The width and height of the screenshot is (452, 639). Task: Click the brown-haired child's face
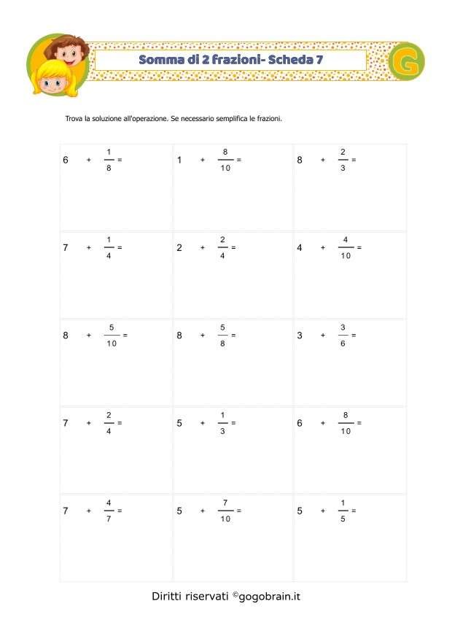[70, 51]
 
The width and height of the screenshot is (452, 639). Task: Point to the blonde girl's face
[50, 80]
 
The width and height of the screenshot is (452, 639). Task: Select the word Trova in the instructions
[75, 117]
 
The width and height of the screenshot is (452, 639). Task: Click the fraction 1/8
[109, 160]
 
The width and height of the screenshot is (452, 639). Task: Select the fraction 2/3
[343, 160]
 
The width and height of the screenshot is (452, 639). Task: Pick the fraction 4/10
[346, 247]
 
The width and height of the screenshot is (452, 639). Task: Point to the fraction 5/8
[222, 336]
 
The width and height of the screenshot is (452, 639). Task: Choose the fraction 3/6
[343, 336]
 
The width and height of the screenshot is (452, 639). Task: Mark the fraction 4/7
[109, 511]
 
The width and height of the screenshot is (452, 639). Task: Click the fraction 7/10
[225, 511]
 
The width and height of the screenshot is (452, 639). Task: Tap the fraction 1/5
[343, 511]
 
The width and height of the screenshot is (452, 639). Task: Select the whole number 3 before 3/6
[300, 336]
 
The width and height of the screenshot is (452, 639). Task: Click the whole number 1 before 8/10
[179, 160]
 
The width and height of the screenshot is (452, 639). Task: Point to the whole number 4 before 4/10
[300, 247]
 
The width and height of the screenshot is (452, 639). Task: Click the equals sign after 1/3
[233, 423]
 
